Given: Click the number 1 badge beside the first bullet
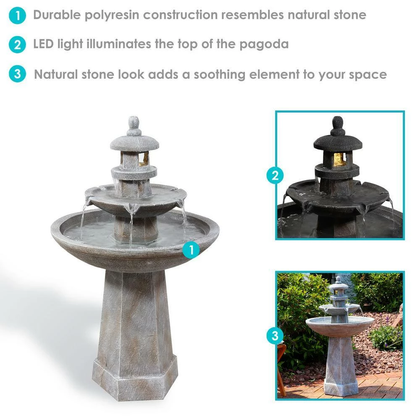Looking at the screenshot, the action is (x=17, y=16).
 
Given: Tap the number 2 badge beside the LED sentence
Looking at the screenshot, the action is (x=17, y=45).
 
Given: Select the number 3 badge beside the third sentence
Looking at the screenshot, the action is (x=17, y=73).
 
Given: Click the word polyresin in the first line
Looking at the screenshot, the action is (x=112, y=15).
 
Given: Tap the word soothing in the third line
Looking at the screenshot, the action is (x=220, y=75).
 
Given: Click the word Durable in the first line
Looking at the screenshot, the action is (x=57, y=15).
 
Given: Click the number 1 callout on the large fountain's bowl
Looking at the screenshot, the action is (x=191, y=250).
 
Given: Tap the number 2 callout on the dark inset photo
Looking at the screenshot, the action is (x=275, y=176).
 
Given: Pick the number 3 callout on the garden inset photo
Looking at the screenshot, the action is (x=275, y=335).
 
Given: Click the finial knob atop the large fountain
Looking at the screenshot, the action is (x=134, y=126).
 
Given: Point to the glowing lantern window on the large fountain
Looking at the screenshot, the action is (x=143, y=159).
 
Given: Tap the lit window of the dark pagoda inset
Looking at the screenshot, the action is (x=339, y=160).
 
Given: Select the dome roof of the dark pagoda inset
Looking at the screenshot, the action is (x=338, y=142).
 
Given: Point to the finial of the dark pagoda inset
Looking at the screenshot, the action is (x=338, y=126).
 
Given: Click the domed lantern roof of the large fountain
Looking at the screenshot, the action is (x=134, y=143).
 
